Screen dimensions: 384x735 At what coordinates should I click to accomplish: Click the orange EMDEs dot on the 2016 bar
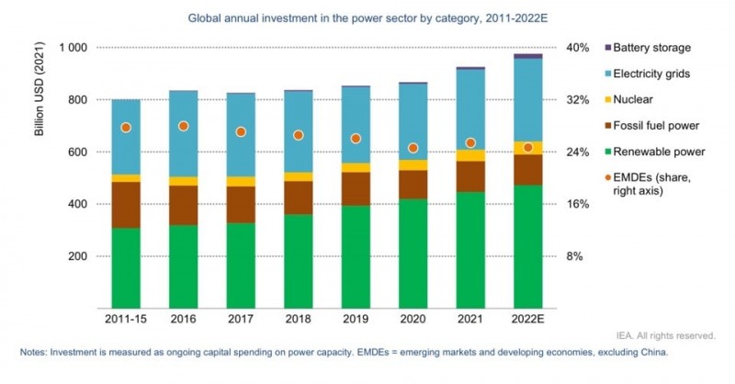[184, 126]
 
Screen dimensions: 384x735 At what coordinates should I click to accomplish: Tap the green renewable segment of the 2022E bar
[527, 246]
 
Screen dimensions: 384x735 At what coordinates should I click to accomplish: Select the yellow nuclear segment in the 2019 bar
[356, 168]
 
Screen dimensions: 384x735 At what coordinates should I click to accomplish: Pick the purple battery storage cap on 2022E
[527, 56]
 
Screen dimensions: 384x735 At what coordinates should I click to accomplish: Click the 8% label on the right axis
[573, 255]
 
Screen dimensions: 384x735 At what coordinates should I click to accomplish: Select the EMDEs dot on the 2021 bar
[470, 142]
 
